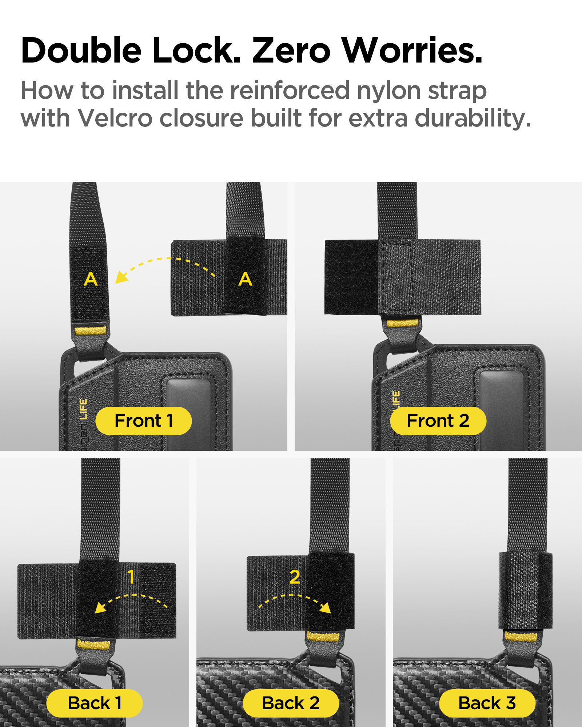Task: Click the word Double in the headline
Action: (x=81, y=50)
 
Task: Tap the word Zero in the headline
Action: (x=291, y=50)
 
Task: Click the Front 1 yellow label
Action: (x=144, y=421)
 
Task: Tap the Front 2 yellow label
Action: (x=438, y=421)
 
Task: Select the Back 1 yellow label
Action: (x=95, y=703)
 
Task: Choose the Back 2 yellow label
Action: (x=291, y=703)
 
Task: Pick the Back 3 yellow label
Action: (x=487, y=703)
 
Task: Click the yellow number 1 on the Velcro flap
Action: (x=131, y=577)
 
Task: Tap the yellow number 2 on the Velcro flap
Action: (x=295, y=577)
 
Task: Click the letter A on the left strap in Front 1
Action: (x=91, y=279)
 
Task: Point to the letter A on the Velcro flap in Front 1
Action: (x=246, y=279)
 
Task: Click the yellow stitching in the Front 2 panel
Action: (x=402, y=323)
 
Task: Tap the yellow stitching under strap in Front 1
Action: (x=91, y=331)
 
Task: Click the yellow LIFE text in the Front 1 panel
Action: (x=83, y=409)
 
